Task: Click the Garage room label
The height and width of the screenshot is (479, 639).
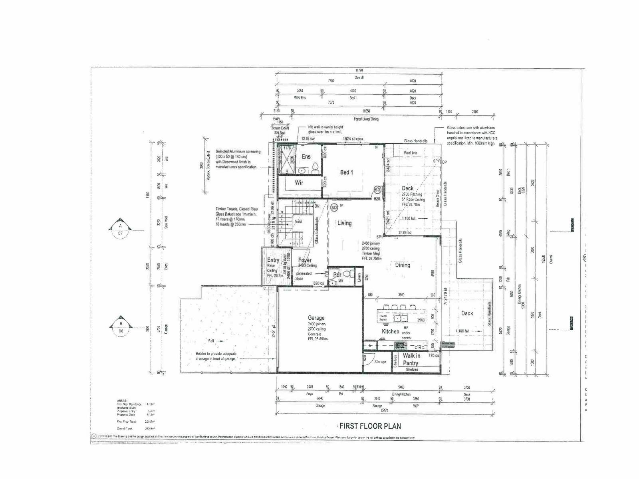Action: point(316,318)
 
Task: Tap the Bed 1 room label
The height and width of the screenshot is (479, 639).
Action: point(346,172)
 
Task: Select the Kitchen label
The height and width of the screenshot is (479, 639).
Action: point(390,331)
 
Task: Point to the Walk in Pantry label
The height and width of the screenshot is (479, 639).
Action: point(411,359)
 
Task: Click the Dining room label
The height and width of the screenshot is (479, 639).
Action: point(402,265)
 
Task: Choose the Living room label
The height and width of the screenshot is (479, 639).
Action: point(344,223)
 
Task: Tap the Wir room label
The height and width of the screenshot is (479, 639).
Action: point(299,182)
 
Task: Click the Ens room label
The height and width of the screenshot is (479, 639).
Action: point(306,156)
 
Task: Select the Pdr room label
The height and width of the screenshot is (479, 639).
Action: point(337,275)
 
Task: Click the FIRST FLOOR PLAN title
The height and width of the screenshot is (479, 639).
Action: point(370,426)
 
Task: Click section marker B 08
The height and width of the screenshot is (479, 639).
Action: point(121,327)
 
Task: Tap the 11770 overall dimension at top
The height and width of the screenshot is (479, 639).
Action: point(359,70)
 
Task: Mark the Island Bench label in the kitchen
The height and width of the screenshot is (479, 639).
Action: point(383,318)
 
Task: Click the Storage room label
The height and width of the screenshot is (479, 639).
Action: point(380,362)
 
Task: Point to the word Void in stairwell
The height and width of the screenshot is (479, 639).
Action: point(298,222)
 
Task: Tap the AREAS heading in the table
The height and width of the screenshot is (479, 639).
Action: point(122,400)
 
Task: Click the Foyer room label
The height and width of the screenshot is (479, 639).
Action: point(305,260)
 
